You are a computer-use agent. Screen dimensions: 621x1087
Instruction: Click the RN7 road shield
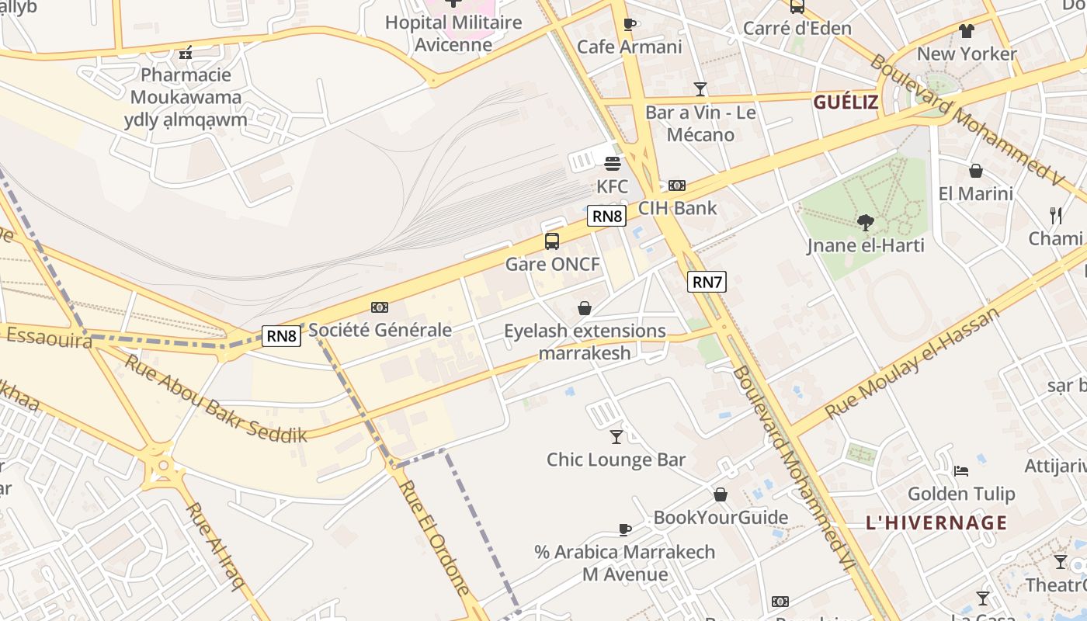[707, 282]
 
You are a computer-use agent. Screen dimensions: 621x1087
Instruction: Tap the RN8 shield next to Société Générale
[281, 336]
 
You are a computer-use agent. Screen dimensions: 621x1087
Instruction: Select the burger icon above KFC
[613, 164]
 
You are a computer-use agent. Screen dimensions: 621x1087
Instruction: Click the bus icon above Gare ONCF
[552, 241]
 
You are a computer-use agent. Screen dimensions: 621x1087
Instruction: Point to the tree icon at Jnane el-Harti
[865, 223]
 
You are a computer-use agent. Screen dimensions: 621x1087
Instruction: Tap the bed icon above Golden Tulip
[961, 470]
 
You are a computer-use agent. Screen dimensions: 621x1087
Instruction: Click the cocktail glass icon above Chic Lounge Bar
[616, 436]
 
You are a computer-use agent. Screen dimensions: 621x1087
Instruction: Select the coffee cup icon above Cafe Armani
[630, 24]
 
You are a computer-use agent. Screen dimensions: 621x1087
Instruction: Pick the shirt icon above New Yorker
[966, 31]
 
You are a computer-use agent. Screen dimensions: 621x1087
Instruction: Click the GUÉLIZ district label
[846, 102]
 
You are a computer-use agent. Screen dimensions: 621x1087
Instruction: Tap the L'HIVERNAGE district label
[936, 522]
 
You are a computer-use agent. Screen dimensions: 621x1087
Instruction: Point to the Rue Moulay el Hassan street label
[913, 362]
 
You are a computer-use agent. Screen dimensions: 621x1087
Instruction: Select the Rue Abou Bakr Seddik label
[216, 399]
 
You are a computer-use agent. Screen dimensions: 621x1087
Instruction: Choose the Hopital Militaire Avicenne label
[453, 33]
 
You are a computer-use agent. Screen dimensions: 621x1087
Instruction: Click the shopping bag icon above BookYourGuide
[721, 494]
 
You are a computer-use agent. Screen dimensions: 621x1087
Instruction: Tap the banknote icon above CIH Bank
[677, 186]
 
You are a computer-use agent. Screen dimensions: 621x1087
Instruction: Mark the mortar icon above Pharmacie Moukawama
[186, 53]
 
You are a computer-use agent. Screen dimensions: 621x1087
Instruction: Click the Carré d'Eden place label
[797, 28]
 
